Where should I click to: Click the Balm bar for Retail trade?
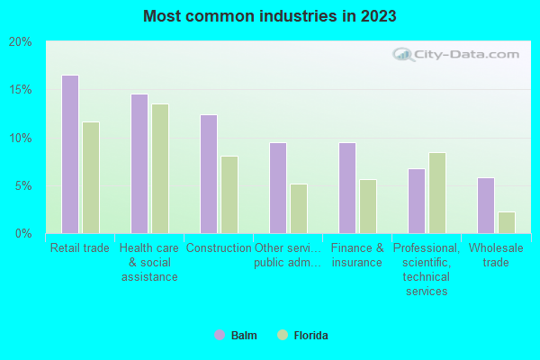tap(70, 154)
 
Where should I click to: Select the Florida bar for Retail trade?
tap(91, 177)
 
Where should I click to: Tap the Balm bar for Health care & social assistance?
tap(139, 164)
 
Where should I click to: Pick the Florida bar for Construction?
tap(229, 194)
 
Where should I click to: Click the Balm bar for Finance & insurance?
tap(347, 188)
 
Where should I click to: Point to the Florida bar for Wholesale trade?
tap(507, 222)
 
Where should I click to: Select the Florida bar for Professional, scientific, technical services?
tap(437, 193)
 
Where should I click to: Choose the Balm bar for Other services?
tap(278, 188)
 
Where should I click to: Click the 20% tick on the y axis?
tap(20, 42)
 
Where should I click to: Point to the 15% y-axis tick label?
tap(20, 90)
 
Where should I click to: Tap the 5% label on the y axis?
tap(23, 186)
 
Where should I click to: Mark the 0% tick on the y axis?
tap(23, 234)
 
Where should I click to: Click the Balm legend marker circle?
tap(219, 336)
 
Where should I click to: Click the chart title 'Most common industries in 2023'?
tap(270, 16)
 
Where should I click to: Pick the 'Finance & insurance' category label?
tap(357, 256)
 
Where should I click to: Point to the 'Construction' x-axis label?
tap(219, 248)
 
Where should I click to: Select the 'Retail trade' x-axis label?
tap(80, 248)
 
